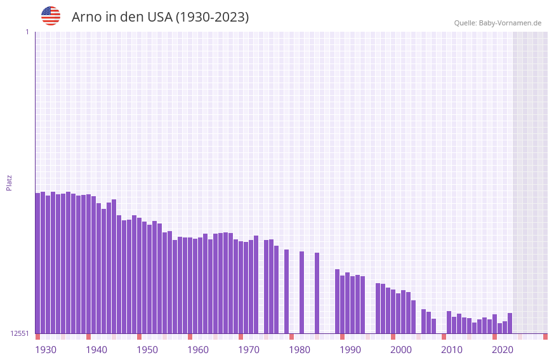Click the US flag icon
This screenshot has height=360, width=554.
51,16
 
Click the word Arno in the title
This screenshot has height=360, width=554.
86,17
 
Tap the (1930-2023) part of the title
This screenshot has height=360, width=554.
212,17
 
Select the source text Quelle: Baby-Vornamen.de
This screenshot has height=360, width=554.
498,23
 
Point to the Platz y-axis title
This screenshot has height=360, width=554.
9,182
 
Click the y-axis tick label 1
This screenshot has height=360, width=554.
27,32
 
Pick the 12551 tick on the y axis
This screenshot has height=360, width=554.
20,333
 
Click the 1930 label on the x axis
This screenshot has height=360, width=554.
46,350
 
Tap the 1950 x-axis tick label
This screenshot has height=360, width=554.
147,350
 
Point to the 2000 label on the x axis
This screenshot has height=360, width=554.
401,350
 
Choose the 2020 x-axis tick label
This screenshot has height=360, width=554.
503,350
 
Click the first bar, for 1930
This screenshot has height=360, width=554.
37,263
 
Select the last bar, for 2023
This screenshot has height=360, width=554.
510,323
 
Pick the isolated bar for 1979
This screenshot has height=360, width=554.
286,291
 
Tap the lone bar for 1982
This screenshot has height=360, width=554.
301,292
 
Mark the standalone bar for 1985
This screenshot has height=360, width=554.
317,293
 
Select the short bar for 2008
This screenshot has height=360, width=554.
433,326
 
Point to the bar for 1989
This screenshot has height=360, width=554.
337,301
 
